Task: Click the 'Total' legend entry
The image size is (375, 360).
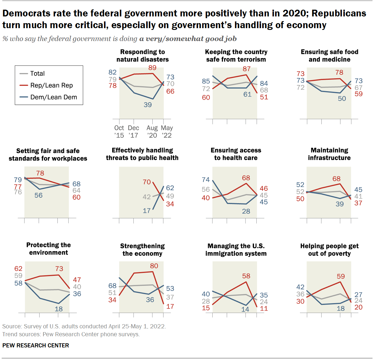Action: (37, 74)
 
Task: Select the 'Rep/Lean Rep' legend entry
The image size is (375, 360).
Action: (52, 85)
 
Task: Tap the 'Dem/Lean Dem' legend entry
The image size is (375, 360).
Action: (54, 97)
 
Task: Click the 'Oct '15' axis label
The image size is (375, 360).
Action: (119, 132)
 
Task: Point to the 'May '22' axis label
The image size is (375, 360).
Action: (167, 132)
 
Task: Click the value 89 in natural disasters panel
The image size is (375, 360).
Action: (152, 68)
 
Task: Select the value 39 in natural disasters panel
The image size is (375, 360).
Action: (148, 105)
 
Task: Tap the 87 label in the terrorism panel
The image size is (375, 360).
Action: (247, 69)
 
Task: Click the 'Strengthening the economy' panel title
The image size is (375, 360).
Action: (142, 250)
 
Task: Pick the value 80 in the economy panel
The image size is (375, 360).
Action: (154, 266)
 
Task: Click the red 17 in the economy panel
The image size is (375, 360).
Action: (170, 306)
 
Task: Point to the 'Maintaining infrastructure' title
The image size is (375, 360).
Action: (329, 154)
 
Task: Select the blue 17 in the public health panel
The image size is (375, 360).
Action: (147, 210)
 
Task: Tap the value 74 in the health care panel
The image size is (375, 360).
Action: (206, 180)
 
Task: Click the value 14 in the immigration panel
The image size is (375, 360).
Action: (245, 309)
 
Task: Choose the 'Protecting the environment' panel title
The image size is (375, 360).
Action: (49, 249)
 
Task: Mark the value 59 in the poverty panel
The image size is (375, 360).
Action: (341, 276)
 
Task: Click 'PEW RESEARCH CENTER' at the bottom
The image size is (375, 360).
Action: (36, 345)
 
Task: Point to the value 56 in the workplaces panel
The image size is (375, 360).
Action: (38, 195)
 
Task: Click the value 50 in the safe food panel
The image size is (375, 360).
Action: (342, 99)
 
